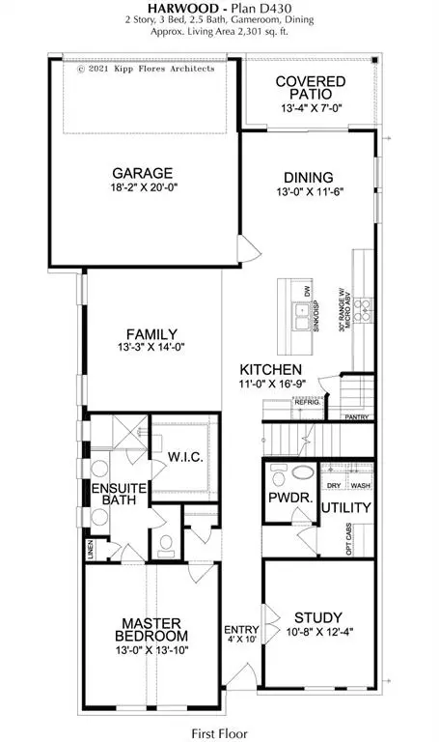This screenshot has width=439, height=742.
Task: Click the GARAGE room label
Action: [x=141, y=174]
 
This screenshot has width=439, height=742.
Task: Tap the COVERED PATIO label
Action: [x=304, y=88]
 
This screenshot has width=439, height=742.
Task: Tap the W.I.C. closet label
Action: [x=184, y=456]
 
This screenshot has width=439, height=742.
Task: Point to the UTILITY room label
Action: [x=343, y=507]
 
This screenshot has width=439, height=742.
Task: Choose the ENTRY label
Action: [x=236, y=627]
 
